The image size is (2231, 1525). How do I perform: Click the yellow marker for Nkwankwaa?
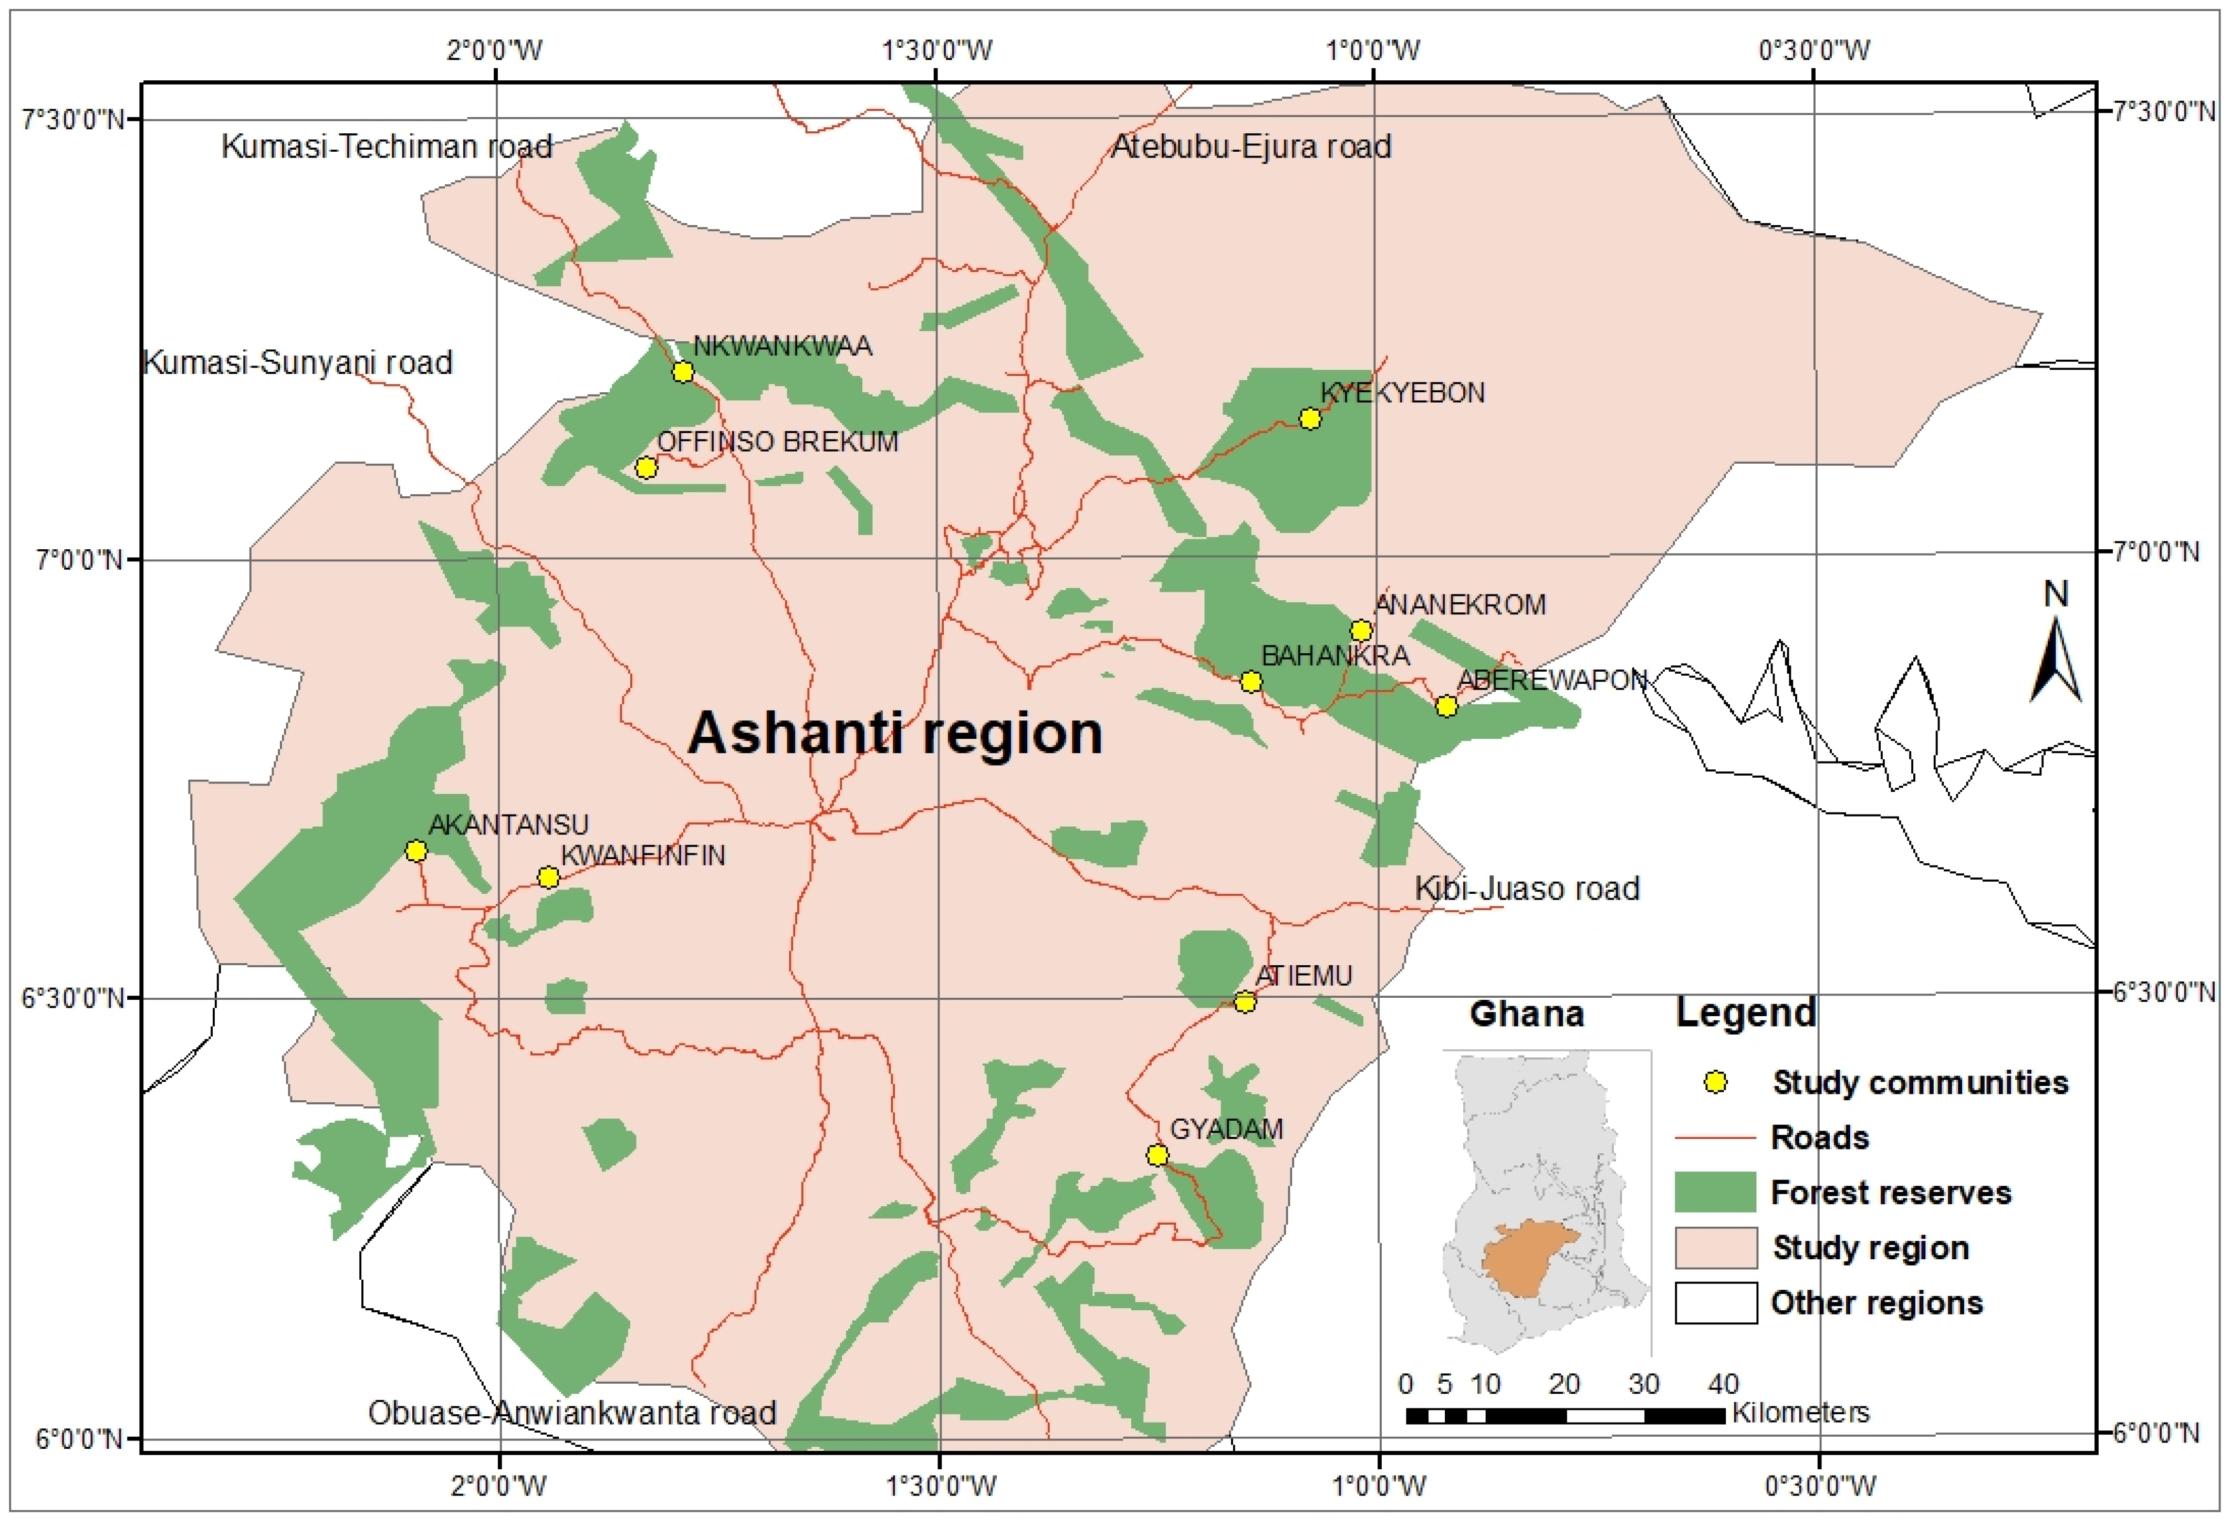pyautogui.click(x=683, y=371)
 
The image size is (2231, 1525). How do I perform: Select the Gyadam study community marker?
pyautogui.click(x=1158, y=1155)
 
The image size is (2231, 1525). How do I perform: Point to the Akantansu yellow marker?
pyautogui.click(x=415, y=850)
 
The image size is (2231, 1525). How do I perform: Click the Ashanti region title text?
pyautogui.click(x=895, y=733)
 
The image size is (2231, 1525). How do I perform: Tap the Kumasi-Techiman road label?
pyautogui.click(x=387, y=147)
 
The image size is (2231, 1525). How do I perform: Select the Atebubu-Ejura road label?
pyautogui.click(x=1251, y=147)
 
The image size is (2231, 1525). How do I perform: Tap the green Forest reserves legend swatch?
pyautogui.click(x=1715, y=1192)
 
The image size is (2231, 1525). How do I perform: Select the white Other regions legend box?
pyautogui.click(x=1715, y=1302)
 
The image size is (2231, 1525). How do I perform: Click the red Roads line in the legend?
pyautogui.click(x=1715, y=1137)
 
